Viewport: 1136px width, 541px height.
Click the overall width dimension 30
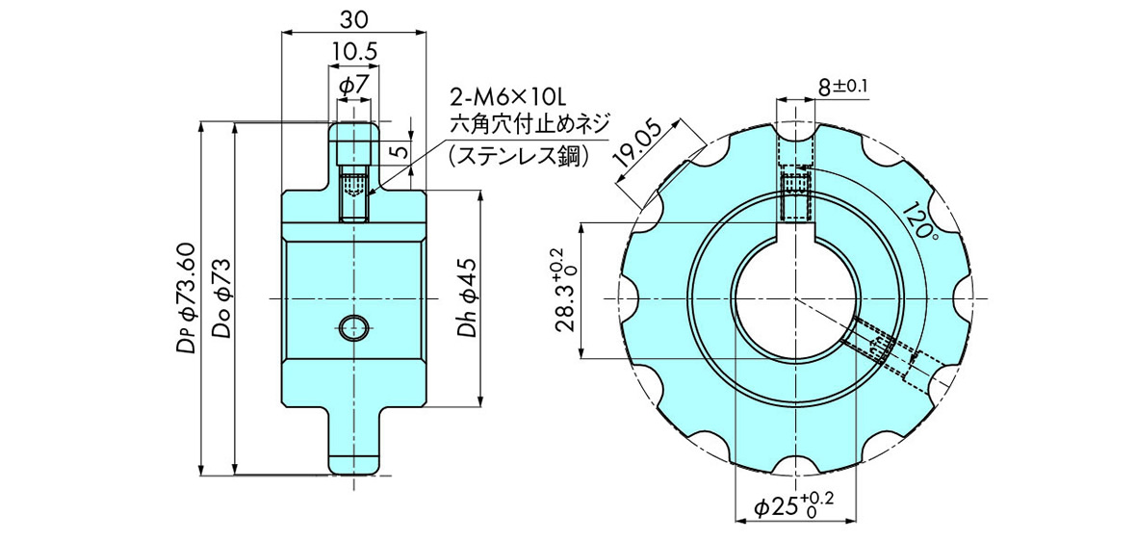coord(353,17)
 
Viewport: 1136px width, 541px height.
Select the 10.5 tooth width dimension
coord(353,51)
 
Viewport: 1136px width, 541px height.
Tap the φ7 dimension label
coord(353,85)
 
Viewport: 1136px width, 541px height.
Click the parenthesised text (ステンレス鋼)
coord(518,154)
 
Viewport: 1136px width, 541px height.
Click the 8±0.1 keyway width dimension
coord(842,87)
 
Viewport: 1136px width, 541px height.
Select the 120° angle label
coord(919,221)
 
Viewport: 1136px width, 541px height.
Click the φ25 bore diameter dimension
coord(793,506)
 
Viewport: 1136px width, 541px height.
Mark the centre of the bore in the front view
coord(797,298)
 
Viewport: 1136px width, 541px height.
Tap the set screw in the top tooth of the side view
coord(354,196)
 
